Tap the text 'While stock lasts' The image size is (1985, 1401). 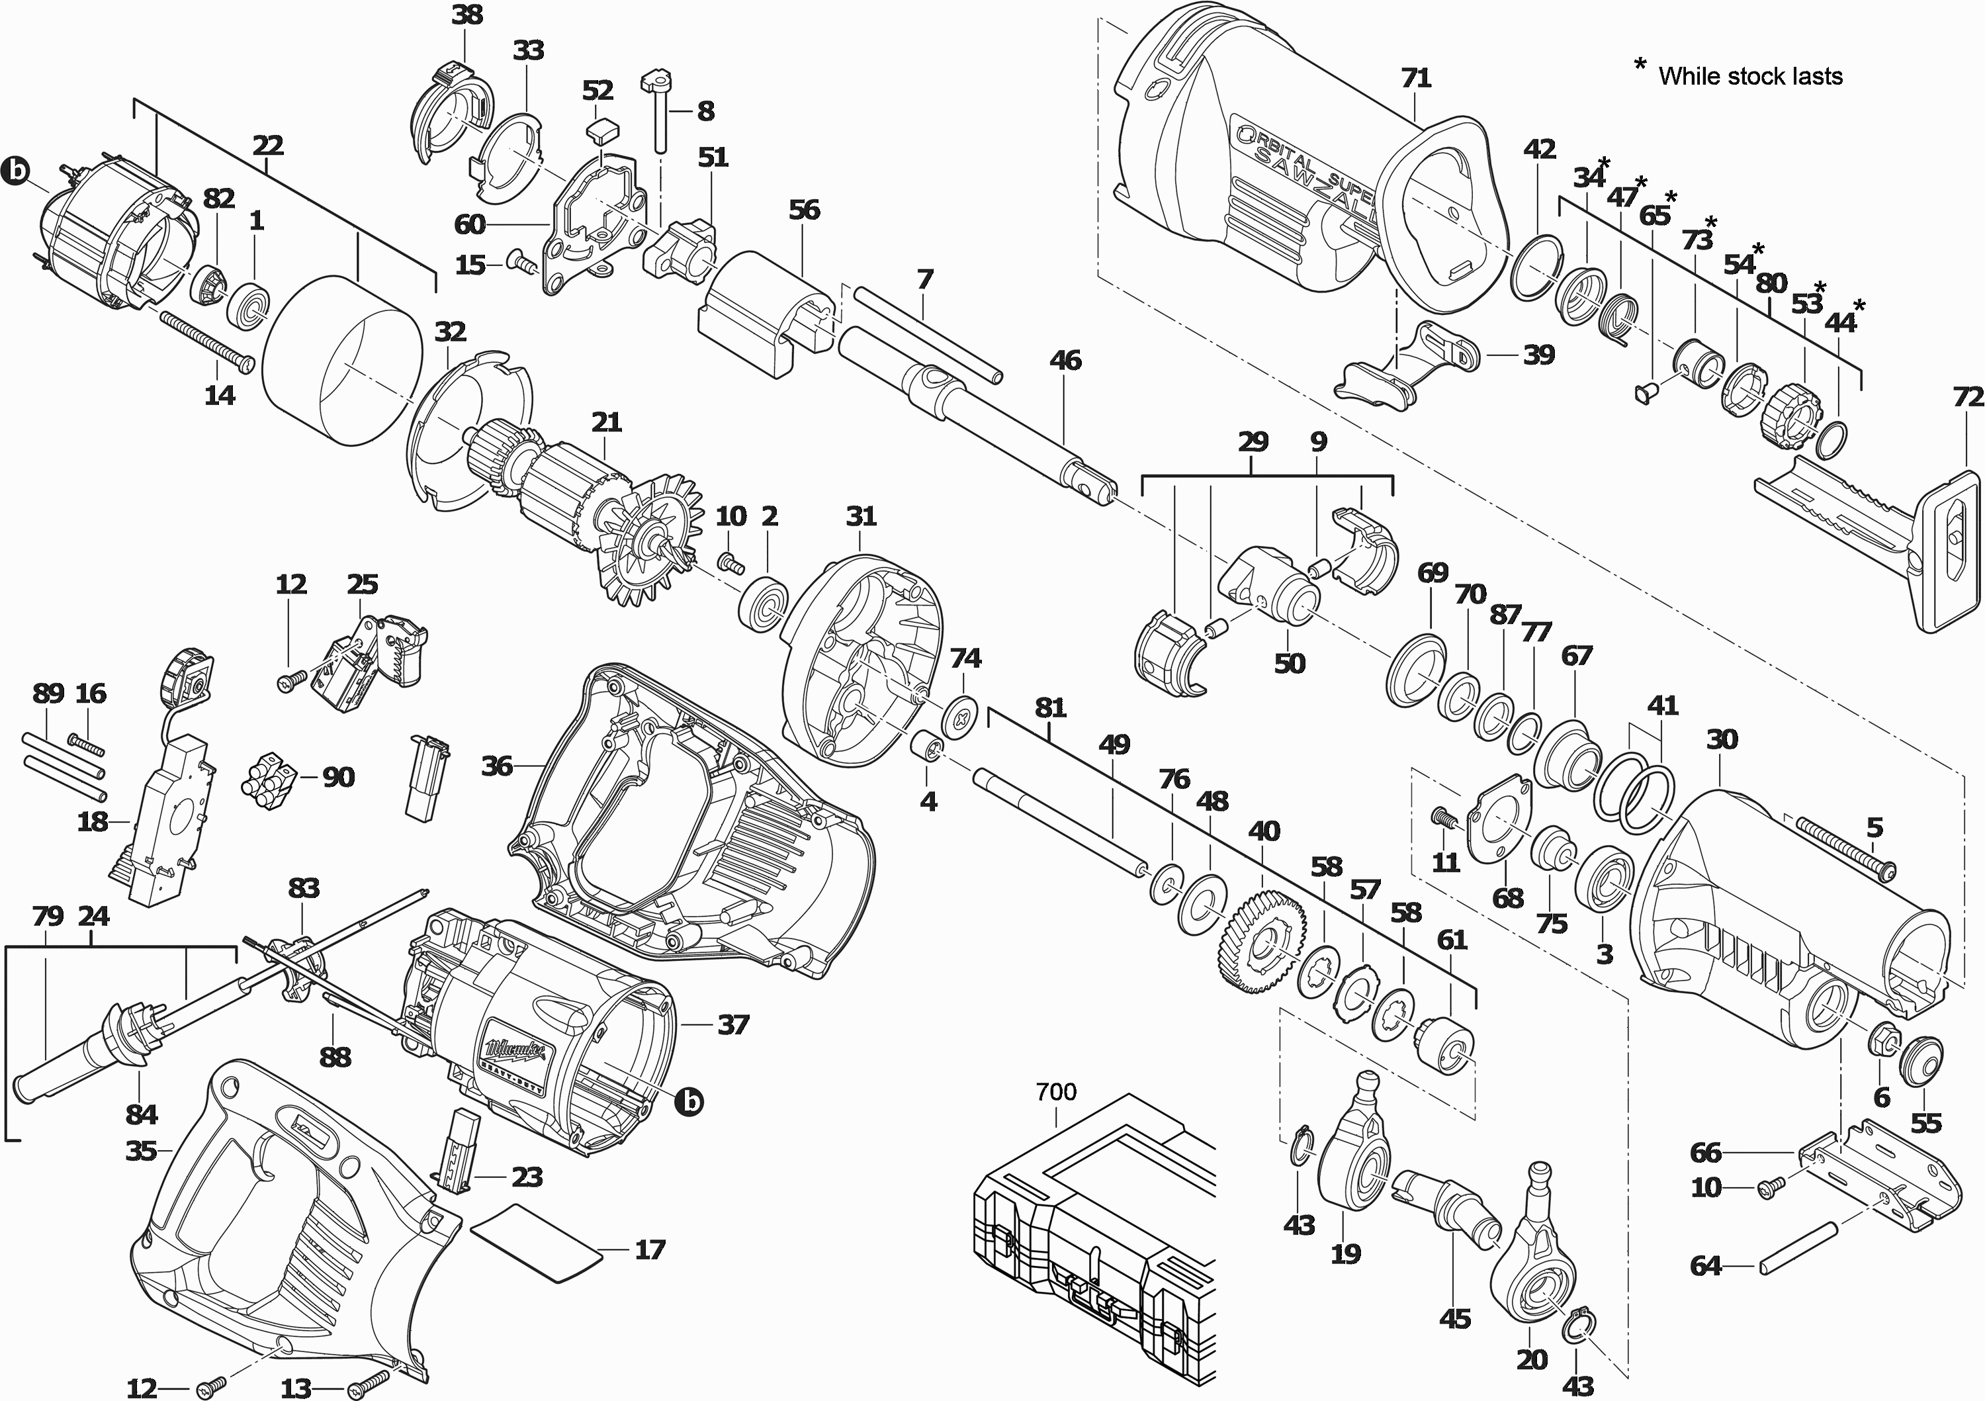(1750, 76)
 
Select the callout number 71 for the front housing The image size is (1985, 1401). (1416, 78)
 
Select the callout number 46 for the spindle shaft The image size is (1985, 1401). (1065, 360)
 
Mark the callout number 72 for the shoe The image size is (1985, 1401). (1968, 397)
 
